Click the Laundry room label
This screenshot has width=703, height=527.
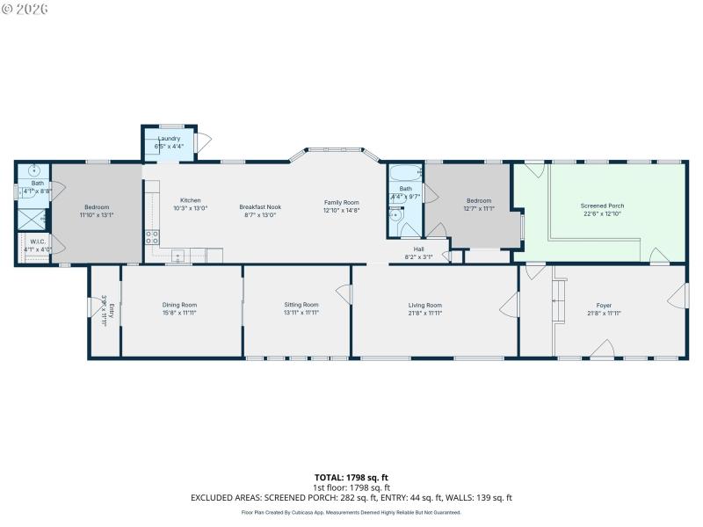click(x=169, y=139)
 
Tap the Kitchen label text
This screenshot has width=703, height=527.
click(x=191, y=200)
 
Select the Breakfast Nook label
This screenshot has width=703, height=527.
click(x=258, y=207)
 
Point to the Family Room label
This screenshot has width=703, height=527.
click(x=341, y=203)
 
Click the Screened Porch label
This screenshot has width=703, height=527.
click(x=602, y=206)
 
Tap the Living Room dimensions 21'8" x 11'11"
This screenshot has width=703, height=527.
click(x=425, y=313)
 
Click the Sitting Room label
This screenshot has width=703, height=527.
click(x=301, y=305)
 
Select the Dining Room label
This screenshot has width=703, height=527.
click(x=179, y=305)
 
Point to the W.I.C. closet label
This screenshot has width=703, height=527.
click(x=38, y=241)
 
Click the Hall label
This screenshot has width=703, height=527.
click(x=418, y=249)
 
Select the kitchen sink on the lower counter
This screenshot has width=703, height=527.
click(x=178, y=256)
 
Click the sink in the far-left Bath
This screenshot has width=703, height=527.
click(x=33, y=171)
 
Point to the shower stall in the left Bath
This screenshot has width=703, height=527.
click(x=33, y=218)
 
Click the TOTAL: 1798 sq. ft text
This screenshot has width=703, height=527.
click(x=351, y=477)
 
